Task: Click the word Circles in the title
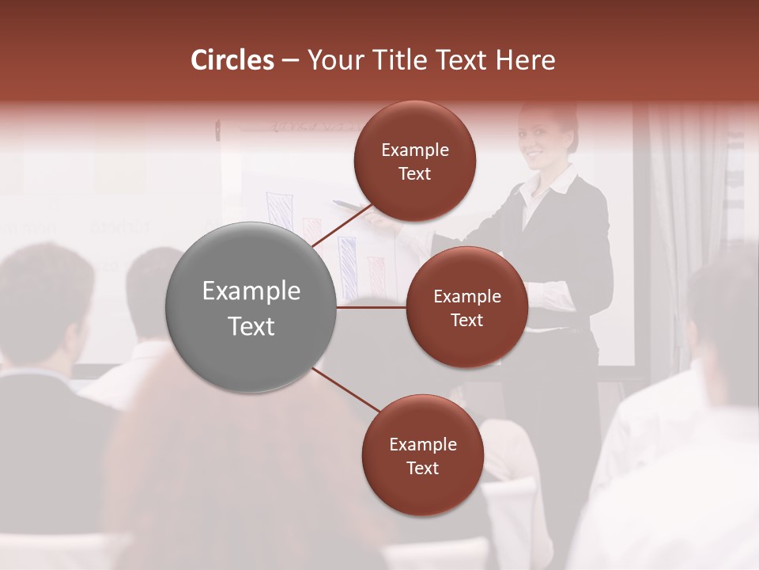pos(232,60)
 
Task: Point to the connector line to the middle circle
pos(372,307)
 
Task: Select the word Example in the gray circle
pos(251,291)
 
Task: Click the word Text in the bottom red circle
pos(422,468)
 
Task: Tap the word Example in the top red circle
pos(414,150)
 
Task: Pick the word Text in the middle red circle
pos(466,320)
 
